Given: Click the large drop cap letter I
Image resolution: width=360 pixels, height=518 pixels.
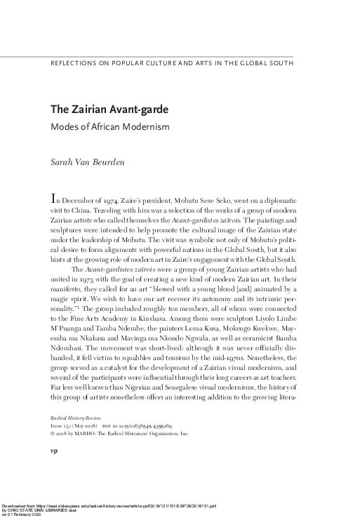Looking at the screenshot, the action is coord(53,197).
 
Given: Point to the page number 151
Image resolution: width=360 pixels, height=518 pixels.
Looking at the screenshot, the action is coord(53,452).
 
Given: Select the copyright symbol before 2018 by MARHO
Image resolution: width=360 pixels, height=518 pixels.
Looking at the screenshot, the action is coord(51,434).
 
